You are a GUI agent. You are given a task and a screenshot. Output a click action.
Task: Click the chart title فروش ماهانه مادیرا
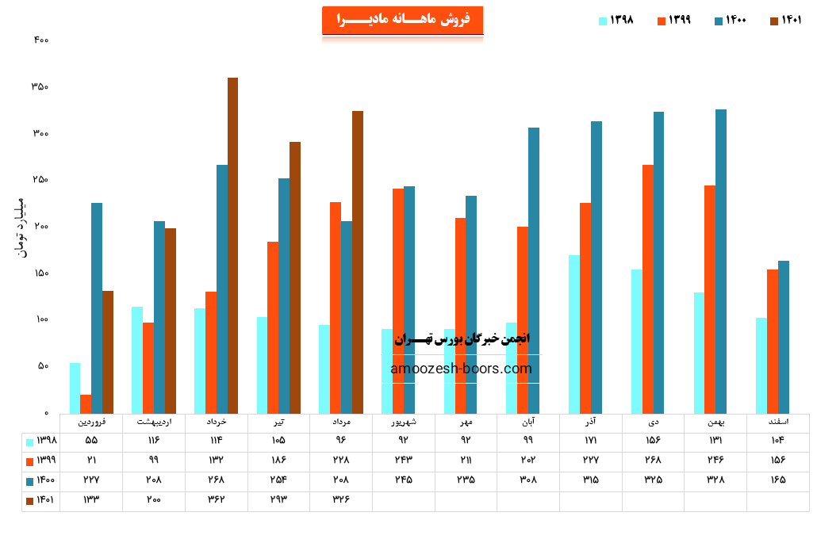[402, 20]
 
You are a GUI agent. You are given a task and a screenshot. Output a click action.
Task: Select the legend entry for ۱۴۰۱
[785, 21]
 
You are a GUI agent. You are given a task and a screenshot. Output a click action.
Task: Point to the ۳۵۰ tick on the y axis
[40, 86]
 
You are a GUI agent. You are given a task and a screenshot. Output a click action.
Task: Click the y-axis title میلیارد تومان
[21, 227]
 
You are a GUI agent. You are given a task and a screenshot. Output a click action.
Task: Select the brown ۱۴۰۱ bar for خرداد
[232, 246]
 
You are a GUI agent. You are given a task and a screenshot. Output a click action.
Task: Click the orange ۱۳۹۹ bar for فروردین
[86, 404]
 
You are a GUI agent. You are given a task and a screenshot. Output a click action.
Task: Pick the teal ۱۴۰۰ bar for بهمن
[721, 262]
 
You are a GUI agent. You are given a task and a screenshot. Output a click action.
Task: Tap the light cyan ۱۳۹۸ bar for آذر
[574, 334]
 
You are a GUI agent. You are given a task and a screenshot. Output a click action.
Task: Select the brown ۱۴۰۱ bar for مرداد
[358, 262]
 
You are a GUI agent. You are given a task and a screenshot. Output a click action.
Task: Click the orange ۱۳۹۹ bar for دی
[648, 289]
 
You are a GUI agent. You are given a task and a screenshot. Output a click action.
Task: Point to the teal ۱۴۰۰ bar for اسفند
[784, 337]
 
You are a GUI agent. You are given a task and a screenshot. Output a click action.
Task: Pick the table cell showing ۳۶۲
[216, 500]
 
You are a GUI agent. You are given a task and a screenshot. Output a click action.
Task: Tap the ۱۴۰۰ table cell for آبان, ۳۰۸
[528, 480]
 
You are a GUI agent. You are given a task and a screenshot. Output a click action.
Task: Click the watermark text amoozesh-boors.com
[461, 369]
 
